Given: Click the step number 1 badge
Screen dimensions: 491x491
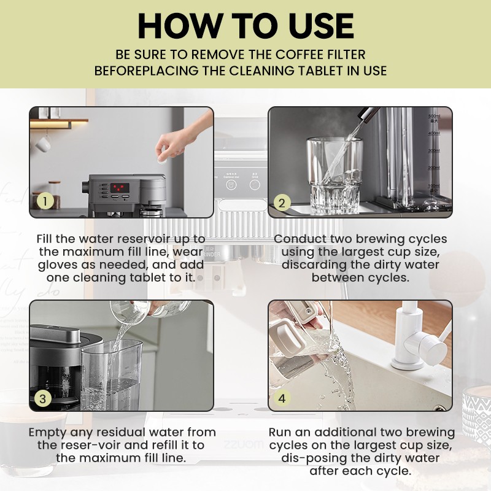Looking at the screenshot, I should (x=44, y=201).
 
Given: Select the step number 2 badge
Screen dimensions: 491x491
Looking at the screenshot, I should (x=282, y=203).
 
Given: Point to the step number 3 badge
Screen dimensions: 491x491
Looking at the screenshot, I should (x=44, y=398).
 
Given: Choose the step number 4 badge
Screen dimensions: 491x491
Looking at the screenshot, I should (x=282, y=398).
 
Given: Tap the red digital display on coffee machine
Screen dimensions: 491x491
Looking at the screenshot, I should (x=119, y=187).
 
